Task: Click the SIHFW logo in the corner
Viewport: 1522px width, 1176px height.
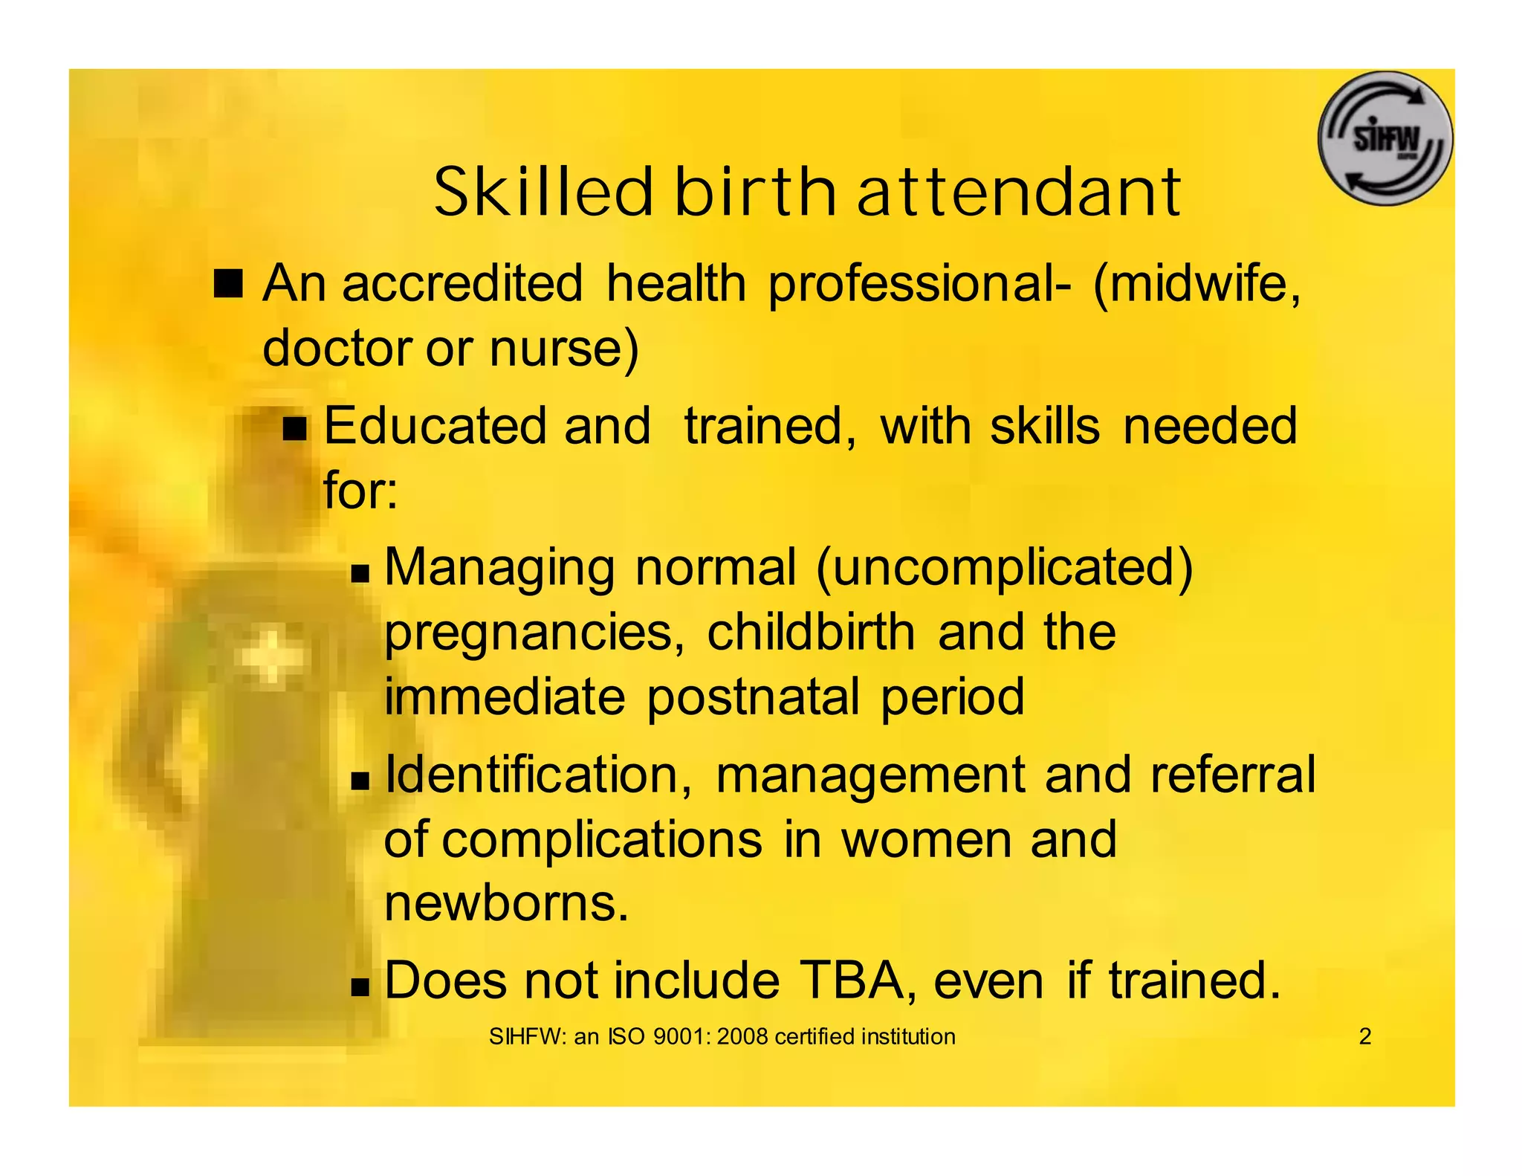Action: [1385, 138]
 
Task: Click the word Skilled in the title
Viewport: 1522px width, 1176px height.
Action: [543, 193]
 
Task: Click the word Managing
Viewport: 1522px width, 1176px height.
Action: [499, 568]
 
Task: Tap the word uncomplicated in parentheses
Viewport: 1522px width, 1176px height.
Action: [1004, 568]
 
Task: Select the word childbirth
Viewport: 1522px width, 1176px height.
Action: [811, 633]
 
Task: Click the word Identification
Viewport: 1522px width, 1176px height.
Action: [538, 775]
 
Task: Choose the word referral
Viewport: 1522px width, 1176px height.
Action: [1232, 775]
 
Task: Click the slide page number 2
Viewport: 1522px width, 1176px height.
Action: [1364, 1036]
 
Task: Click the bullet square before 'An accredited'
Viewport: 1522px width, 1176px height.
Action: [228, 284]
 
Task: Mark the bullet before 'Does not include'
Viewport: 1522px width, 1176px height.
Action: [360, 987]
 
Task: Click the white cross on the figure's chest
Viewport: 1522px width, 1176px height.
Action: [271, 656]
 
